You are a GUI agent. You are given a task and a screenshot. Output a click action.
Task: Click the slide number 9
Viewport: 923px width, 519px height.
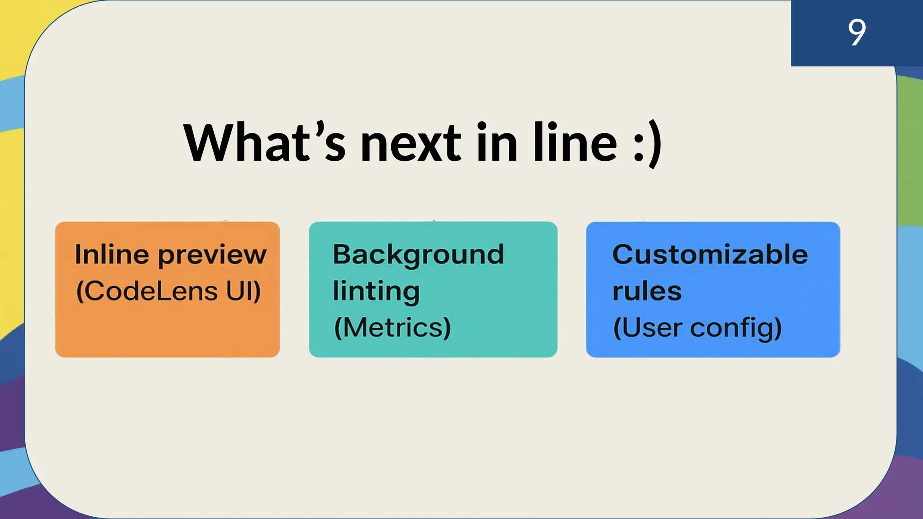(856, 32)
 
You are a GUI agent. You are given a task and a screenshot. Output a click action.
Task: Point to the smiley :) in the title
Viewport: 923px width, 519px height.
(647, 144)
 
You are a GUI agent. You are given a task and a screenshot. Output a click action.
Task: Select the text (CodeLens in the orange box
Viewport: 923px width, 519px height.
(147, 291)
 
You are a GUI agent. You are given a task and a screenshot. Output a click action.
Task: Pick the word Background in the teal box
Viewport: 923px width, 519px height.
(418, 255)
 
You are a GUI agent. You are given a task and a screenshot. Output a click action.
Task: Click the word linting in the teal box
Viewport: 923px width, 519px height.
(376, 291)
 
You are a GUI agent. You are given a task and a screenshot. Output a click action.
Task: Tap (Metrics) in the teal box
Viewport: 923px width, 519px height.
(392, 328)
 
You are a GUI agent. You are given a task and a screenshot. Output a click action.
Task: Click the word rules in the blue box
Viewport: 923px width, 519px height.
(647, 291)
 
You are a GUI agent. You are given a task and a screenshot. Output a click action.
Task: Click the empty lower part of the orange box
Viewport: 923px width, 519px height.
(167, 333)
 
